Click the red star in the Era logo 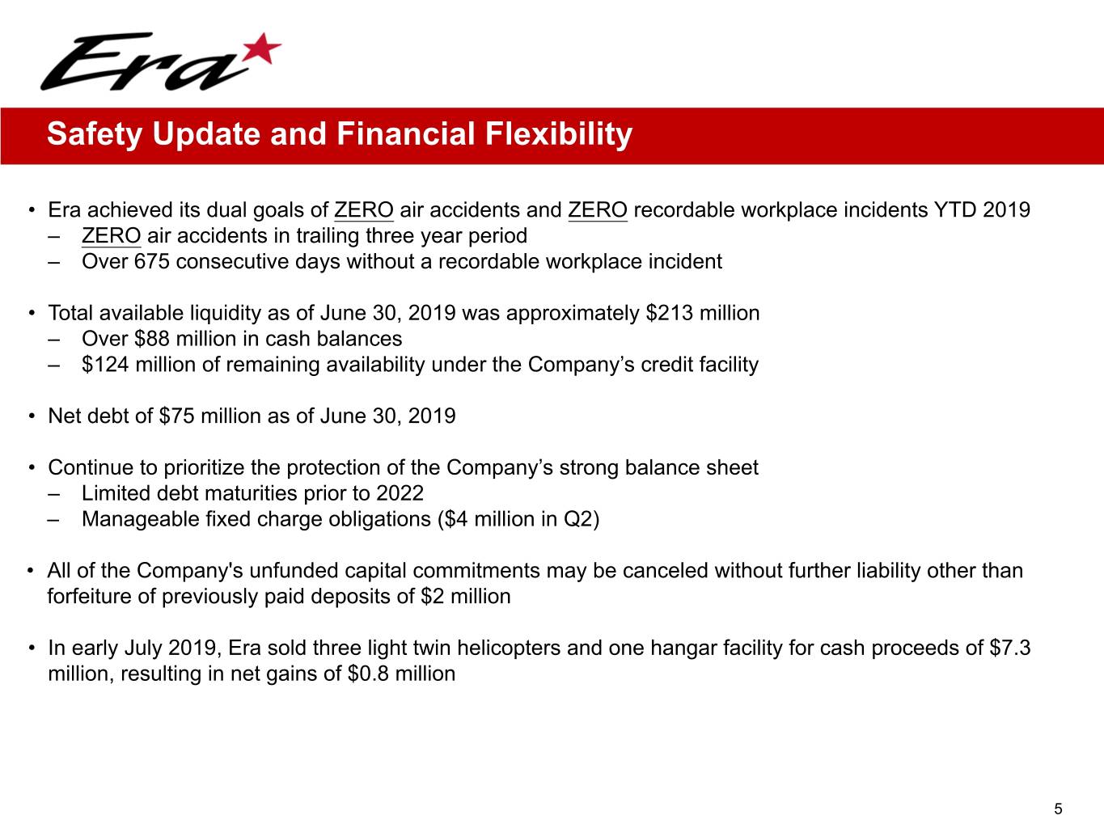click(262, 49)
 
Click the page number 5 click(1058, 809)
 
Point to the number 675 click(151, 262)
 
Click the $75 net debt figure click(176, 416)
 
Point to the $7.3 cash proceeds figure click(1010, 648)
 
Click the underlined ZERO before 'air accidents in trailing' click(111, 236)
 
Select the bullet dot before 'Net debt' click(32, 416)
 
